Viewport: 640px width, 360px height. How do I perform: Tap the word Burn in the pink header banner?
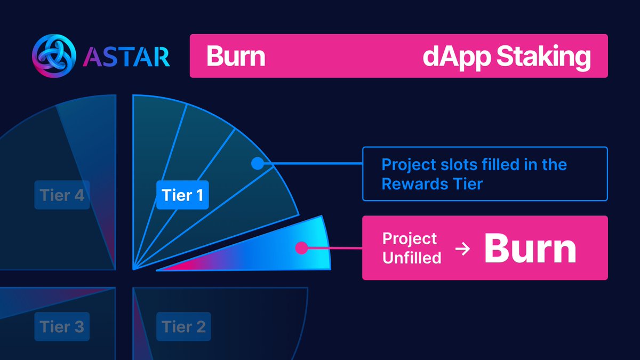click(x=235, y=57)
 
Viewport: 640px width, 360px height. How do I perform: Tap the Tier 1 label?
click(x=182, y=195)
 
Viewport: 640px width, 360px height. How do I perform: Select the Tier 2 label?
click(x=183, y=326)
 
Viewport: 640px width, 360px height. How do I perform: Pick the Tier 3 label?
click(x=61, y=326)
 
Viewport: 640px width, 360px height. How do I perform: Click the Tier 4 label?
click(x=62, y=195)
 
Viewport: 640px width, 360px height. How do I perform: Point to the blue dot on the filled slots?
click(x=257, y=164)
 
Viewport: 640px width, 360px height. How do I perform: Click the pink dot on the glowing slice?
click(x=301, y=247)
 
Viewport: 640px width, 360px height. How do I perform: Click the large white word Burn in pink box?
click(x=530, y=249)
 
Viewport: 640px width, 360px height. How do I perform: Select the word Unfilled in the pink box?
click(x=412, y=258)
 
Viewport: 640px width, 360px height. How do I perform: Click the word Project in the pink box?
click(x=410, y=238)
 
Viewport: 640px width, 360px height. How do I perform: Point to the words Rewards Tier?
click(x=432, y=184)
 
